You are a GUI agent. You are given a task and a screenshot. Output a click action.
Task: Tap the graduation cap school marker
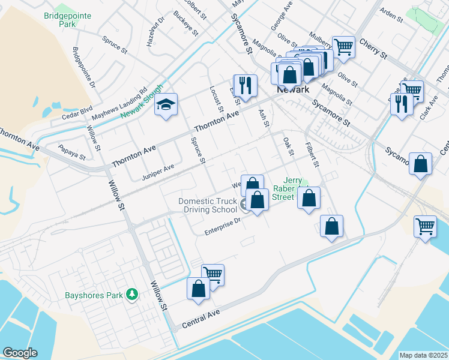[x=166, y=105]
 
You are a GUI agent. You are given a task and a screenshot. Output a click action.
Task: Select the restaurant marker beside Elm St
[x=245, y=86]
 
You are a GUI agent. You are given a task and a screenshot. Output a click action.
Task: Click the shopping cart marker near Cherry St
[x=343, y=46]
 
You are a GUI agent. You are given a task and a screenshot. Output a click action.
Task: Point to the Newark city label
[x=292, y=89]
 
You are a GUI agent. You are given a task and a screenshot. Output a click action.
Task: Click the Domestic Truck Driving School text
[x=208, y=206]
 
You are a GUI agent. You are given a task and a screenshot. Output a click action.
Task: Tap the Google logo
[x=20, y=353]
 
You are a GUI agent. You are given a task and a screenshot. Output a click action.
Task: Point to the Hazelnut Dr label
[x=143, y=28]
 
